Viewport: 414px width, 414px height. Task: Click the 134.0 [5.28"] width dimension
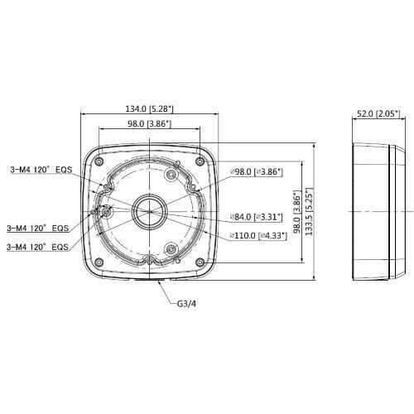(147, 108)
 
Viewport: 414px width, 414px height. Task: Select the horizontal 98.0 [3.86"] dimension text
(147, 124)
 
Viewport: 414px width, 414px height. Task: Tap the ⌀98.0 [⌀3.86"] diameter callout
(258, 172)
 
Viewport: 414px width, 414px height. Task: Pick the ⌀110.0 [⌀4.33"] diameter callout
(259, 236)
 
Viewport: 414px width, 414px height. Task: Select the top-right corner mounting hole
(204, 157)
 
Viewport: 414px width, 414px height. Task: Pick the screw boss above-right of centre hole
(171, 176)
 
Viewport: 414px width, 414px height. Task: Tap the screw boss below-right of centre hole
(170, 248)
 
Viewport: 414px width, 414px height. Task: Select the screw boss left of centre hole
(108, 212)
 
